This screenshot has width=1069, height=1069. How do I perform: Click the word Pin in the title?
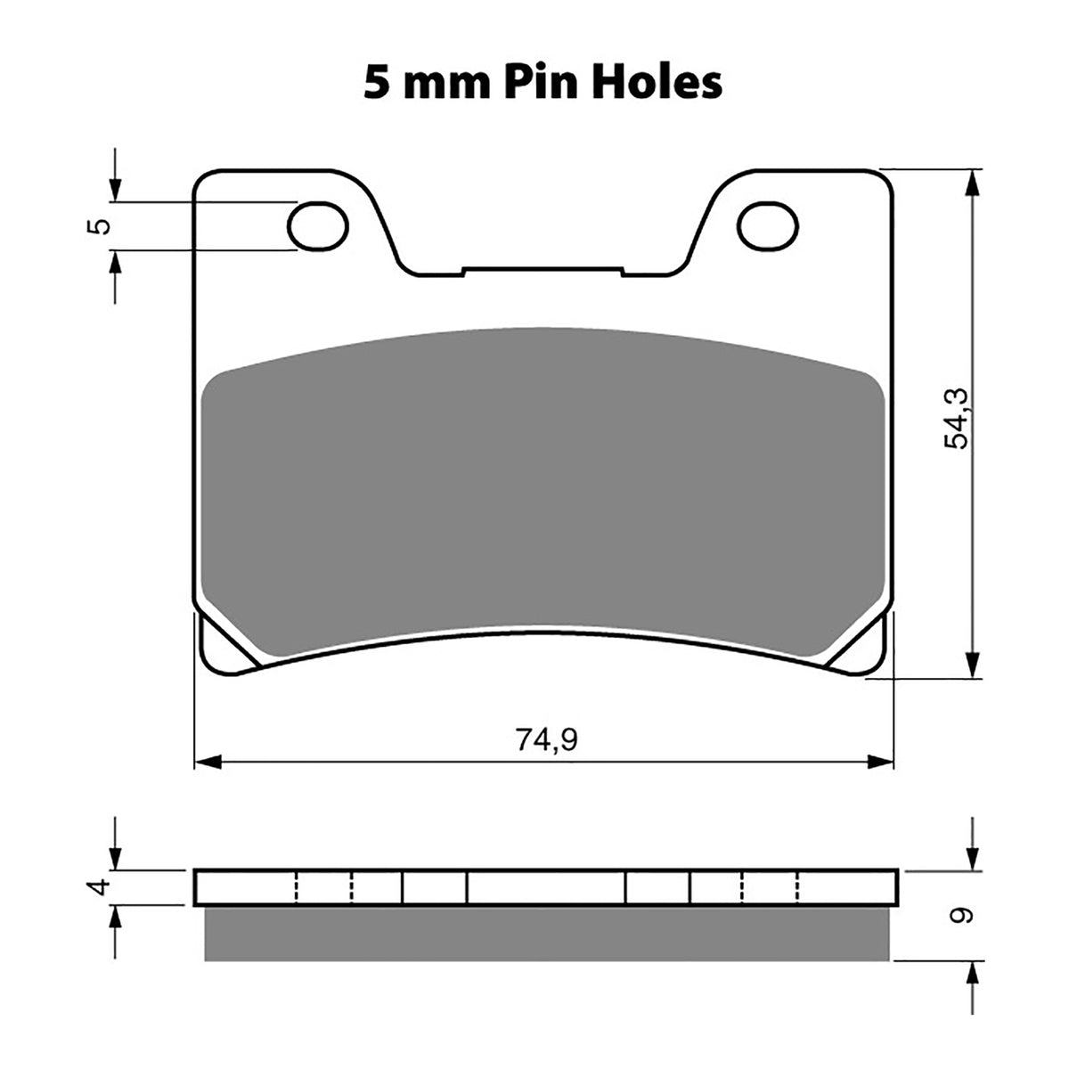pos(539,82)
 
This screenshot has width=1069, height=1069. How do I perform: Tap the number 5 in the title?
pos(374,82)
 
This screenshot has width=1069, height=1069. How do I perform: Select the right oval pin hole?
pos(771,224)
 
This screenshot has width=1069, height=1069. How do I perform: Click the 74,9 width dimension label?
pos(543,739)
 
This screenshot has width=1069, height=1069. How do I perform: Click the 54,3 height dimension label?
pos(956,418)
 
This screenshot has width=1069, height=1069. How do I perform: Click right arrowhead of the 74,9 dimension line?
pos(881,762)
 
